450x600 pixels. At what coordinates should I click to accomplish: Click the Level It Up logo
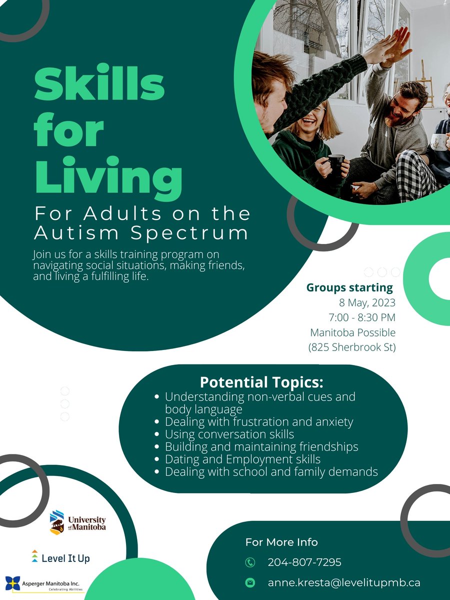click(x=60, y=557)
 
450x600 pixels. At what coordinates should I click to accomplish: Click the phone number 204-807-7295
click(x=304, y=562)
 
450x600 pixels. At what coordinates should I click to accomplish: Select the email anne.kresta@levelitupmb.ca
click(x=344, y=582)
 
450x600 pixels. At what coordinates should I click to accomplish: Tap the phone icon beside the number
click(x=250, y=562)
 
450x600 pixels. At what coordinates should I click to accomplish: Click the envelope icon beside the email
click(x=250, y=582)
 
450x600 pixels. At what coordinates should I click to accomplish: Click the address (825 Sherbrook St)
click(x=352, y=347)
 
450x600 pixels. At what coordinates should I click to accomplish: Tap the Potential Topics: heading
click(x=261, y=382)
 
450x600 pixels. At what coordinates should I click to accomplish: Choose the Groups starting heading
click(x=349, y=287)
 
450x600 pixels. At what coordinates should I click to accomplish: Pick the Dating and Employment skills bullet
click(x=242, y=458)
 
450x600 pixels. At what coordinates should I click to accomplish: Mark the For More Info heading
click(x=281, y=542)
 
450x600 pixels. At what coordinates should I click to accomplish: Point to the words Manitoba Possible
click(x=353, y=332)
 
